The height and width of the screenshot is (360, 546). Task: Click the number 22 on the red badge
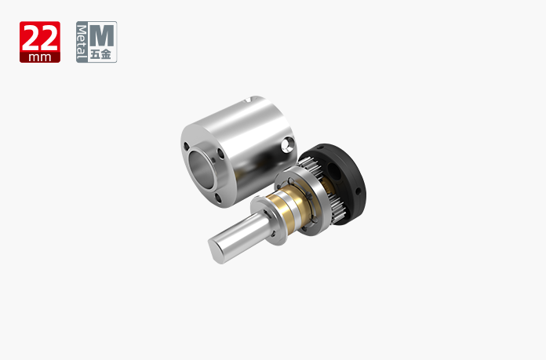(x=40, y=38)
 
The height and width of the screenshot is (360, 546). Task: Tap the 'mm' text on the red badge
(x=40, y=57)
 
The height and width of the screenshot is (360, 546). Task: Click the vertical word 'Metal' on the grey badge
(x=82, y=42)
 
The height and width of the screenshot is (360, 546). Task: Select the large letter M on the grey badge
(x=102, y=35)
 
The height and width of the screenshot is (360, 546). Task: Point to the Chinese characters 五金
(x=101, y=54)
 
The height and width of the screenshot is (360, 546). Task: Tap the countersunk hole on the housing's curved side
(x=289, y=144)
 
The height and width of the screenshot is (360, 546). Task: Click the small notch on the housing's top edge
(x=249, y=100)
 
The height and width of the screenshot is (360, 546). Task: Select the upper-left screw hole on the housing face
(x=187, y=146)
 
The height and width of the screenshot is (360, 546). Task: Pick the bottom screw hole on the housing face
(x=217, y=198)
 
